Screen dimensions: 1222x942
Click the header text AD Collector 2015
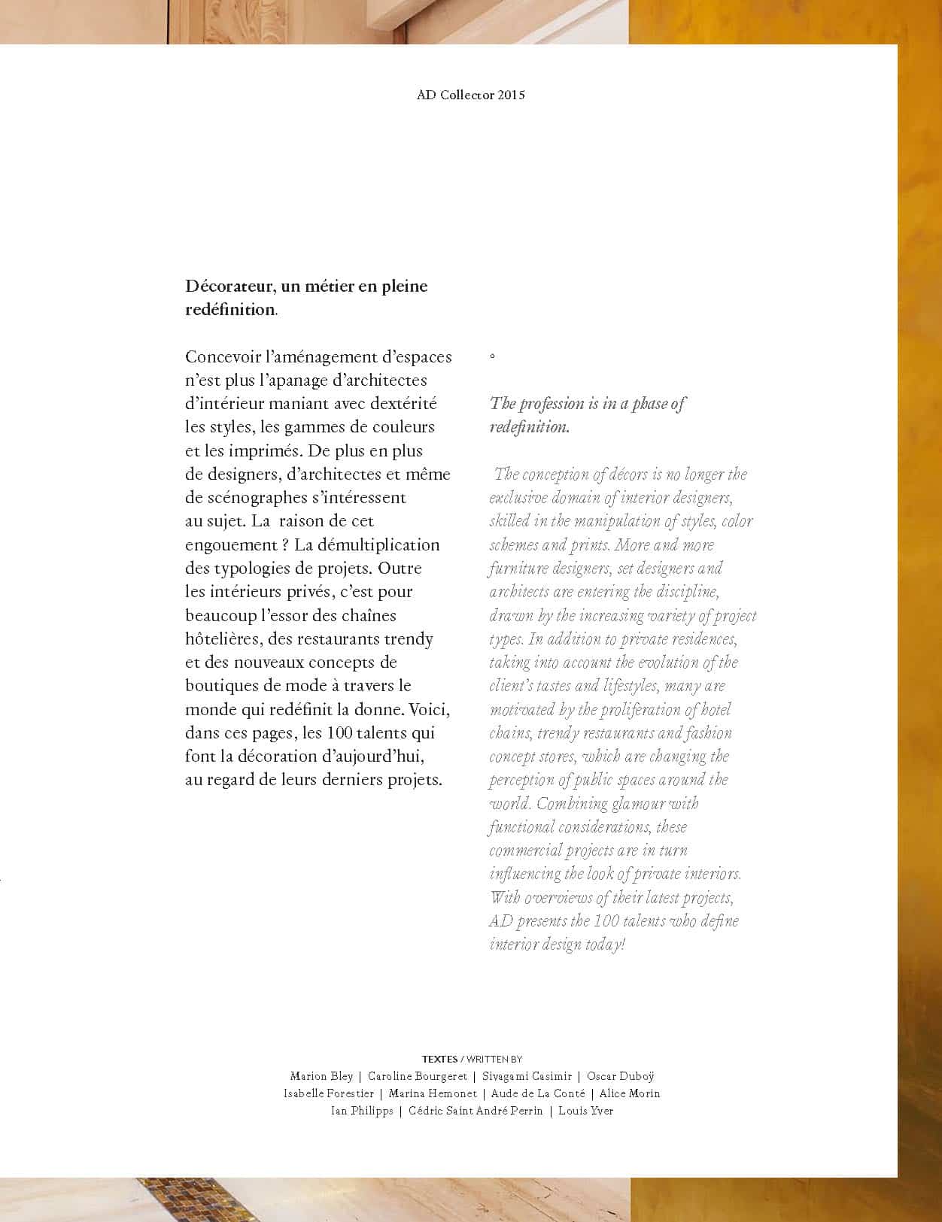[x=470, y=96]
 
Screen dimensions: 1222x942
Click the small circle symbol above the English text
[x=492, y=356]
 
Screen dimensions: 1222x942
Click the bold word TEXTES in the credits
[x=439, y=1059]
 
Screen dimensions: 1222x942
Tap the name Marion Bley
[x=321, y=1076]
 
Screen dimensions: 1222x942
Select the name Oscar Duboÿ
[x=620, y=1076]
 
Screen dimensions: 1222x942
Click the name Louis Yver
[x=585, y=1111]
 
